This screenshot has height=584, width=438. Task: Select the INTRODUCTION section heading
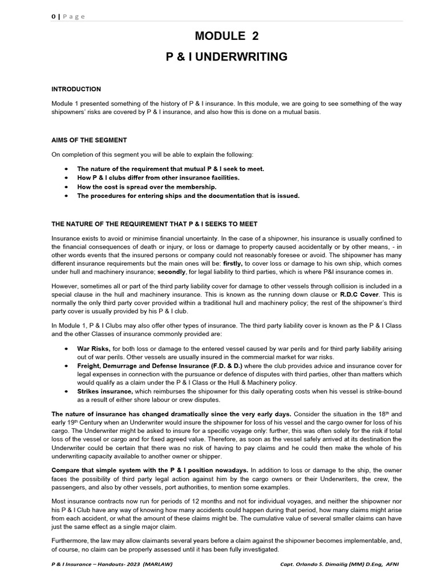tap(76, 90)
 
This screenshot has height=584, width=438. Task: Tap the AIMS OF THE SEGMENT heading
tap(89, 140)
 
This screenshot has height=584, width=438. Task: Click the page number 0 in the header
tap(53, 17)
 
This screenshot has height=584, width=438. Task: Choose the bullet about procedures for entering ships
tap(188, 196)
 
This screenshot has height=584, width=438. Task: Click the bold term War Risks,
tap(94, 348)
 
